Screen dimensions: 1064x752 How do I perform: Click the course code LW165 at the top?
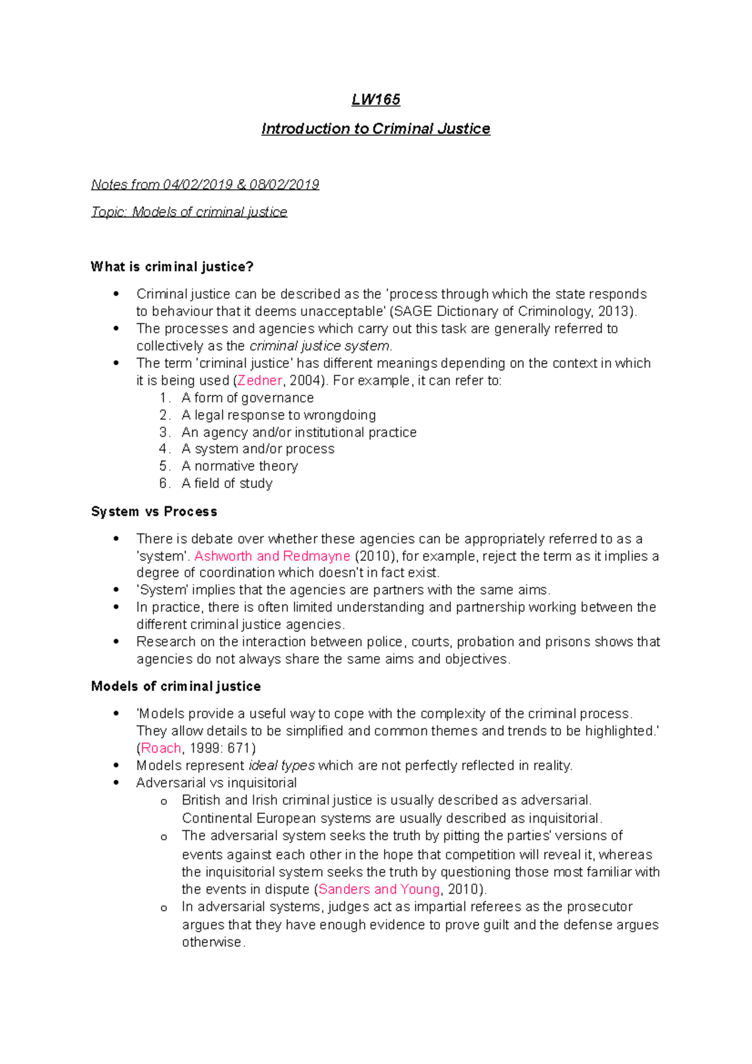point(375,100)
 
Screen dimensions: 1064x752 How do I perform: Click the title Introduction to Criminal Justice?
point(375,128)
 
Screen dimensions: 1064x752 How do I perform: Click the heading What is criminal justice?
point(172,267)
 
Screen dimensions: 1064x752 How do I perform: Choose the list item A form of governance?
point(248,398)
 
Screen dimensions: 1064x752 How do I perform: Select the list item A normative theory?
point(239,466)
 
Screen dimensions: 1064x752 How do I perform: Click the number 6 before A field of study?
point(164,483)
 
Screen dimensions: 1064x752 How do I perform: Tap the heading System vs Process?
point(154,511)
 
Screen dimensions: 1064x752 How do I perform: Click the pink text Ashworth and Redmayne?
point(272,556)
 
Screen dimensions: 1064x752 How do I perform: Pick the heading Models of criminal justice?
point(175,686)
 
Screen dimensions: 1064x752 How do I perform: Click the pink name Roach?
point(161,748)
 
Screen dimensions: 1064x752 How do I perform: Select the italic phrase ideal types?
point(281,766)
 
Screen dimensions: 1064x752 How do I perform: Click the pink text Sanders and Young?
point(379,889)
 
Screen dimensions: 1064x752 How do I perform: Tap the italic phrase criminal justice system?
point(320,346)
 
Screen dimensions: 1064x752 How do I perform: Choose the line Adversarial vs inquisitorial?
point(216,783)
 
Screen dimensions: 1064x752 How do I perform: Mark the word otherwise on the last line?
point(211,942)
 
